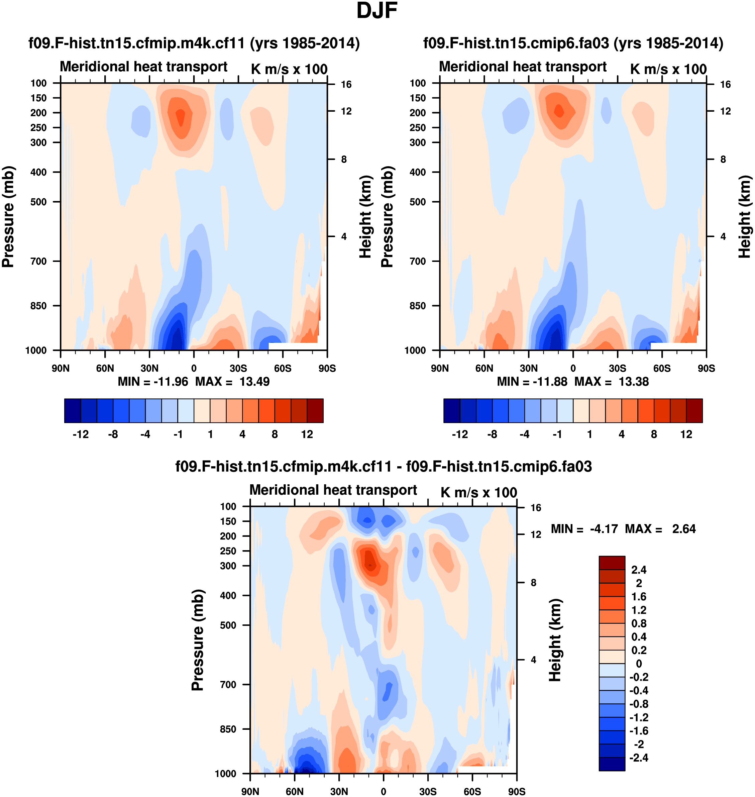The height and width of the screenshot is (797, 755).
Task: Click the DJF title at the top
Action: [377, 11]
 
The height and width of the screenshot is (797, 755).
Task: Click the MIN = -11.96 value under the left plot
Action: [153, 382]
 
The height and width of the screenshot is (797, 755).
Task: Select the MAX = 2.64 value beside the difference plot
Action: [660, 529]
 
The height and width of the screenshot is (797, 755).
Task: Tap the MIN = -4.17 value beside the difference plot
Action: [584, 529]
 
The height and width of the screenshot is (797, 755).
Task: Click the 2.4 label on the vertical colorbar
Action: [639, 570]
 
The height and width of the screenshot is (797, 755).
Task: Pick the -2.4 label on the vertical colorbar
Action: [639, 758]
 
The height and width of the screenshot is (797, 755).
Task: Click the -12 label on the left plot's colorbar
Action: [81, 434]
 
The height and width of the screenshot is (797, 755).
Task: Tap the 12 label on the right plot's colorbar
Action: [686, 434]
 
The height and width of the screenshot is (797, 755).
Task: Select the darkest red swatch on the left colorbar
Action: [315, 411]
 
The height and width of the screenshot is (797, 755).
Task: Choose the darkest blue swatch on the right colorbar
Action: [451, 411]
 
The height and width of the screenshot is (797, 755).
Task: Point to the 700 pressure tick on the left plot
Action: [39, 261]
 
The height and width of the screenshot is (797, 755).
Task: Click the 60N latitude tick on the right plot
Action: [484, 368]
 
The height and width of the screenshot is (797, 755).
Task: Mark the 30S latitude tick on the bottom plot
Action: [428, 791]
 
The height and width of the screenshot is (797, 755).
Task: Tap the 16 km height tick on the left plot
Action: [346, 85]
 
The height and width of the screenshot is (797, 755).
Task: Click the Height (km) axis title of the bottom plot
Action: [555, 640]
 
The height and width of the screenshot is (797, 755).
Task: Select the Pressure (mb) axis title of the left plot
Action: [8, 217]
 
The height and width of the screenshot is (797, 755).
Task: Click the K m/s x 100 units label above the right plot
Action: [668, 69]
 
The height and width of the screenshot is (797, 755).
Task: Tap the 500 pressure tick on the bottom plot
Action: [228, 625]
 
